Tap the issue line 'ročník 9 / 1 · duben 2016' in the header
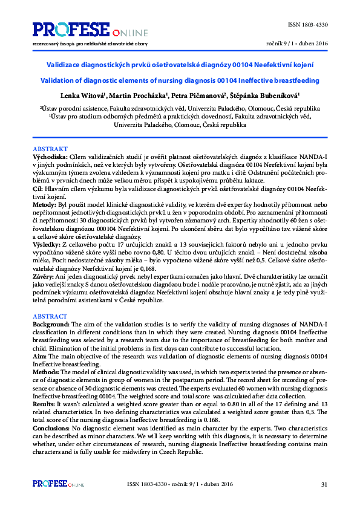click(x=296, y=44)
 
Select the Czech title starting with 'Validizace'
click(x=180, y=64)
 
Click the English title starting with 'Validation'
click(x=180, y=80)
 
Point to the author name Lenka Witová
click(x=83, y=96)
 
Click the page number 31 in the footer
click(x=324, y=484)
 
